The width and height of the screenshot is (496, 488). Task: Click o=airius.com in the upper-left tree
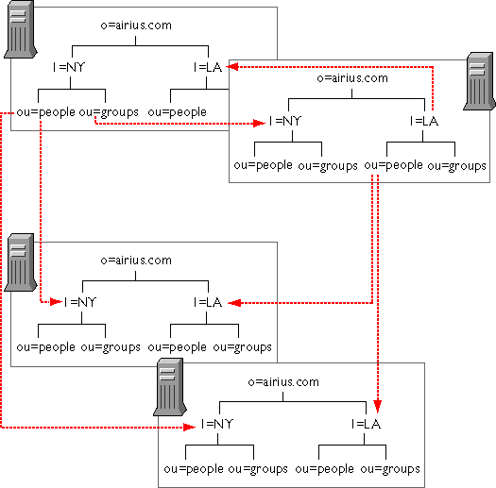point(136,25)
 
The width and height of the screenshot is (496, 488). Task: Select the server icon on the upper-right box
point(479,81)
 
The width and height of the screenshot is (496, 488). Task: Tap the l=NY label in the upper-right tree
point(285,121)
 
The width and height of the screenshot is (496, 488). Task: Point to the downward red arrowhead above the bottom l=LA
point(377,407)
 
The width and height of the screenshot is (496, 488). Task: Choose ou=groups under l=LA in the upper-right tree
point(456,166)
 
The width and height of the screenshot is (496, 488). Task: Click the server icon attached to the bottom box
point(170,387)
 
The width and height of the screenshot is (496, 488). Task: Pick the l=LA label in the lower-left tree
point(208,302)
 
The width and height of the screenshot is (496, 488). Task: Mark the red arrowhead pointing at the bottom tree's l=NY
point(190,428)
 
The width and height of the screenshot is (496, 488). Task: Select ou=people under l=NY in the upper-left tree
point(46,112)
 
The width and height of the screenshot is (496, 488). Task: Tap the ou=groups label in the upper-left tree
point(109,112)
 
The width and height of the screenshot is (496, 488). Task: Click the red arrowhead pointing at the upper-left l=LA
point(232,67)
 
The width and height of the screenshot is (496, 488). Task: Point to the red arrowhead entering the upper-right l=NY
point(259,123)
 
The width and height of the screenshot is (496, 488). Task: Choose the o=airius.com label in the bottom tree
point(283,382)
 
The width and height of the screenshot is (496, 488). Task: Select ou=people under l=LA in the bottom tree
point(325,469)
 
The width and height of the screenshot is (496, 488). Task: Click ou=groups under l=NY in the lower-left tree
point(111,347)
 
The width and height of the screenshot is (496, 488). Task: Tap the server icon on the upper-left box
point(20,29)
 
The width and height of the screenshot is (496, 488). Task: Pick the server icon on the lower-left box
point(20,262)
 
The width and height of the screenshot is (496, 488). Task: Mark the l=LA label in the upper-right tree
point(424,121)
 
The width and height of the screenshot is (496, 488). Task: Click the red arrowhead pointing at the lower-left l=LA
point(234,303)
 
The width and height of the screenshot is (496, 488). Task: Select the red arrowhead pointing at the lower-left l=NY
point(56,302)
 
